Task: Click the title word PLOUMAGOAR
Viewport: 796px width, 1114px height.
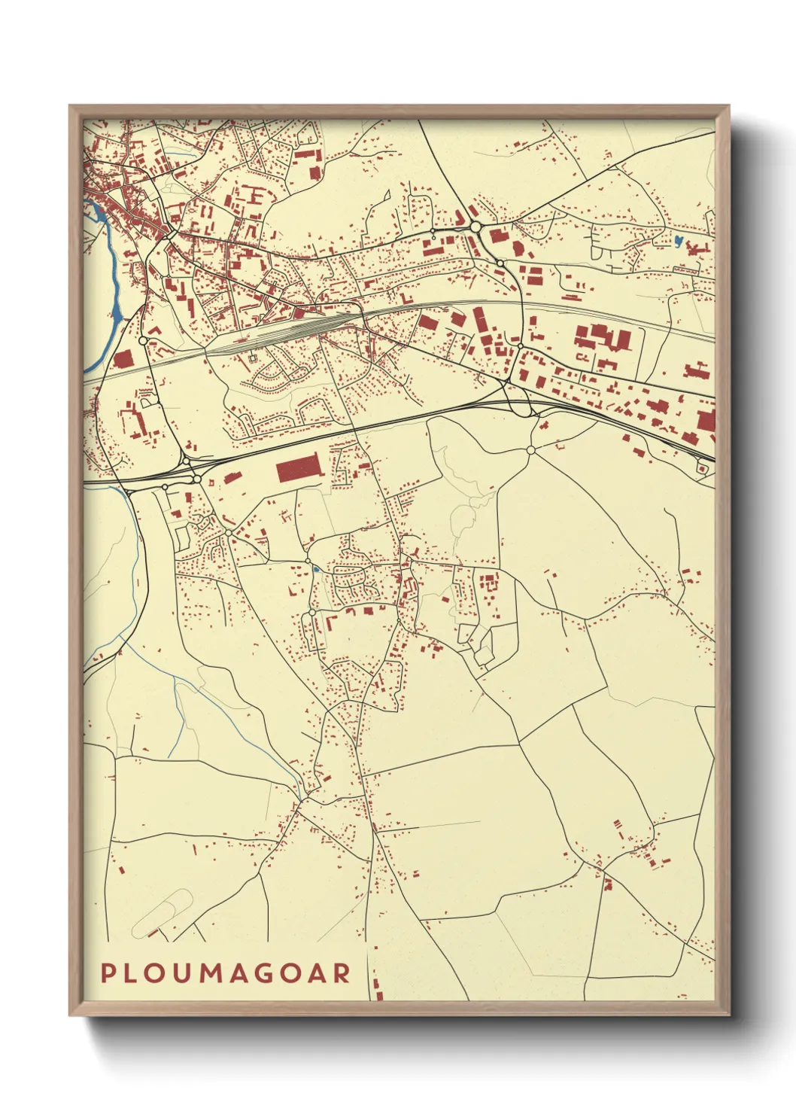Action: [226, 973]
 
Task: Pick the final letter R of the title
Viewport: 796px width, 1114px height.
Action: [342, 973]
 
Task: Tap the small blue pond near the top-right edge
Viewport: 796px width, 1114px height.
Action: [678, 242]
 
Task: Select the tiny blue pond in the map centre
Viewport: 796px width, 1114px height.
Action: [316, 570]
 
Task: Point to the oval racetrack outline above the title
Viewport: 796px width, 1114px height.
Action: [162, 913]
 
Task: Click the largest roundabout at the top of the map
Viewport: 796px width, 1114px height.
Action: [475, 226]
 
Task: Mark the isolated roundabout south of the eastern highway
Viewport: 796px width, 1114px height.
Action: [530, 450]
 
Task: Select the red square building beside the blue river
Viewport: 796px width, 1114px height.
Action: [123, 359]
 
